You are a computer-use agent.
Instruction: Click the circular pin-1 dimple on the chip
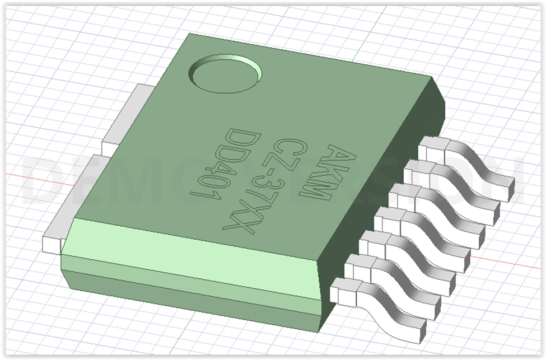tap(226, 74)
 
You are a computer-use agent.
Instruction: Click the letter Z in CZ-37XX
tap(283, 158)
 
